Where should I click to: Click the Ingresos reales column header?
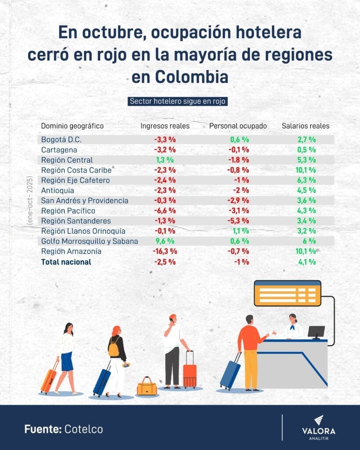(x=165, y=126)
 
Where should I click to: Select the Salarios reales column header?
(x=305, y=126)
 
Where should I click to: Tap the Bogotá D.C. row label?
(x=61, y=140)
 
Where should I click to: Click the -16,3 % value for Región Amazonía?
(x=165, y=251)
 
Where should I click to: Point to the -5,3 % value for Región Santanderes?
(x=240, y=221)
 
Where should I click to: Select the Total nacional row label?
(x=66, y=262)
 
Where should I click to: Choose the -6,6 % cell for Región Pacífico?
(x=165, y=211)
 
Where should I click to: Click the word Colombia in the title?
(x=192, y=77)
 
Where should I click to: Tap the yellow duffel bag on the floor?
(x=147, y=387)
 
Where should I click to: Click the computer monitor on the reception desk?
(x=316, y=332)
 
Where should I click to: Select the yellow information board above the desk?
(x=287, y=293)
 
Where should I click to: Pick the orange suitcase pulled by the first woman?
(x=49, y=378)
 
